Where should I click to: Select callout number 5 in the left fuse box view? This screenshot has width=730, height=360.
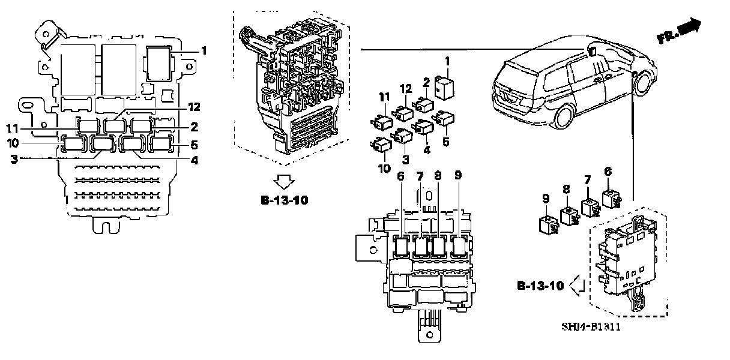pos(193,145)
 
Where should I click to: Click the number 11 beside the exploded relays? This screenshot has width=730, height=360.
pos(384,97)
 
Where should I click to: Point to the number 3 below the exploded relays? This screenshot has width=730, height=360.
pos(406,159)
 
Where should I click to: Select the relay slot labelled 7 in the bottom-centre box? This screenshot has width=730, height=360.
pos(421,246)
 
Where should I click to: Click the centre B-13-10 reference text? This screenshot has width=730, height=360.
pos(285,200)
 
